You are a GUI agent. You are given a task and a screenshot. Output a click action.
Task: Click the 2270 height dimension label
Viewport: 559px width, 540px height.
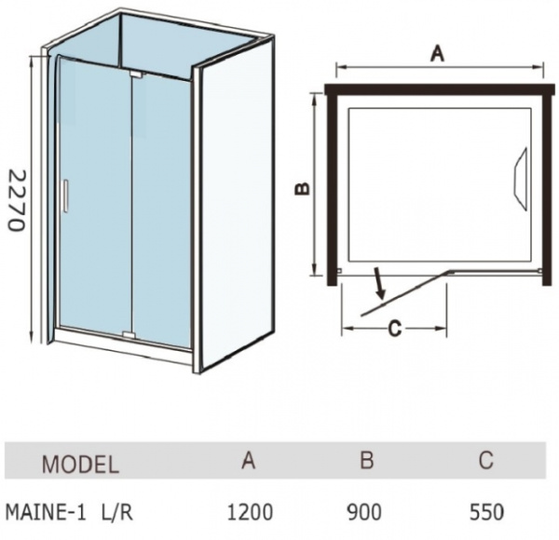pos(17,200)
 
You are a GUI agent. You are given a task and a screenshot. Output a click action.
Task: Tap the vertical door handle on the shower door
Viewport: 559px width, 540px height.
pos(65,196)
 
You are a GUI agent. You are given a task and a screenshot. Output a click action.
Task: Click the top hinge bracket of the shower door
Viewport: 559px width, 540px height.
pos(137,74)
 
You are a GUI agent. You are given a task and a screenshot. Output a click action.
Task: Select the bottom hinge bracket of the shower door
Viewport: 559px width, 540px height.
pos(129,334)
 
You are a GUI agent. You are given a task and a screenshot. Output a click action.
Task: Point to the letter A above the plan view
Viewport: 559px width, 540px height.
pos(438,54)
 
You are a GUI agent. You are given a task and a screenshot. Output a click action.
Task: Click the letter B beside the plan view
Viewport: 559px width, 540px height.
pos(302,188)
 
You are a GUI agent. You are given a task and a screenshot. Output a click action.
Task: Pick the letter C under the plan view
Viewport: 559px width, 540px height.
pos(395,328)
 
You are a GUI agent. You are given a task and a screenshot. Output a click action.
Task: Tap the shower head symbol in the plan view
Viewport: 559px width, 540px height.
pos(521,179)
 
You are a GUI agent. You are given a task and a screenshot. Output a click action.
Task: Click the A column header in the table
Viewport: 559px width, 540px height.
pos(249,460)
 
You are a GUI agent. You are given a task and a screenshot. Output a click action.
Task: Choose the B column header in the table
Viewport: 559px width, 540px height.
pos(367,460)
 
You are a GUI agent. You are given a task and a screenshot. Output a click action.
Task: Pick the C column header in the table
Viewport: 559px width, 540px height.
pos(486,460)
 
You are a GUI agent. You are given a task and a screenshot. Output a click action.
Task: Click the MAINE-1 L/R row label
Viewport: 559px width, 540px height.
pos(70,513)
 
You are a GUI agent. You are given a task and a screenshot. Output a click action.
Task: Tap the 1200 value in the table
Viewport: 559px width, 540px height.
pos(250,512)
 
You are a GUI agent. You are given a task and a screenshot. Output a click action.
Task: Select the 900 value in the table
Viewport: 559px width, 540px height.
pos(364,512)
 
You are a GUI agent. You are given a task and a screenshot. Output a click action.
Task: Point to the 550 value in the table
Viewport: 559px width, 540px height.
pos(486,512)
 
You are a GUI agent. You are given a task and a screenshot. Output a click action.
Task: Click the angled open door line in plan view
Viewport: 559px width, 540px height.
pos(407,293)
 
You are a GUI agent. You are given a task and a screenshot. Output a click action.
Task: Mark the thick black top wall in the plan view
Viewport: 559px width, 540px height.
pos(440,89)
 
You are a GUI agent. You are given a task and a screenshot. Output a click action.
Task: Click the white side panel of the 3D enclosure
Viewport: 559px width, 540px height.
pos(236,203)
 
